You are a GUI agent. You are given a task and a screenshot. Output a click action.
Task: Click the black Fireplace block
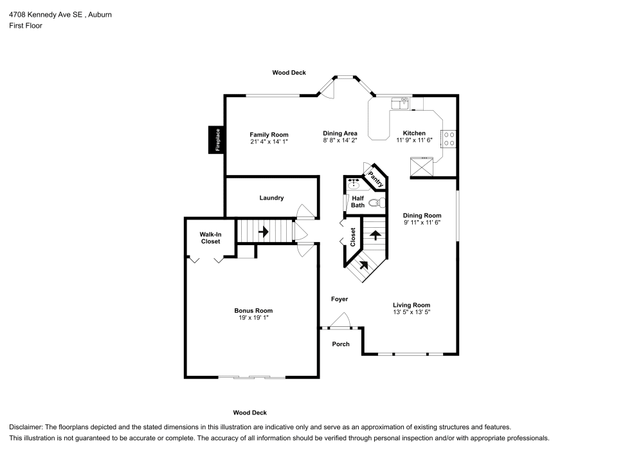tap(216, 140)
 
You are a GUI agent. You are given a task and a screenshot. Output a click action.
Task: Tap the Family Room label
tap(269, 135)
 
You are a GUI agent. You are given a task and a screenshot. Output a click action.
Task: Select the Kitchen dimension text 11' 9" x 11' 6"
tap(414, 140)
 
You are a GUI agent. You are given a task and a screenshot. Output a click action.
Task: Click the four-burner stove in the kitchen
tap(449, 138)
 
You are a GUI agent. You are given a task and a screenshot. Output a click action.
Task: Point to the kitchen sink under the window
tap(400, 104)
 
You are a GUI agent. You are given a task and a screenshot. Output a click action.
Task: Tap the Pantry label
tap(376, 179)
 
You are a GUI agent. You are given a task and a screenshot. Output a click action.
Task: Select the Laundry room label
tap(271, 198)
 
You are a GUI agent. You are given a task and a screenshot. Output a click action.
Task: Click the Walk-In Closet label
tap(210, 238)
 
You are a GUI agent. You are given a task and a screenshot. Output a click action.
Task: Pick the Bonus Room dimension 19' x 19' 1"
tap(253, 317)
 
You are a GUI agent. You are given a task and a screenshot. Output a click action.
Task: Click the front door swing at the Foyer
tap(340, 320)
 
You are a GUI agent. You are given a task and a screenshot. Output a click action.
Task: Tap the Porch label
tap(341, 344)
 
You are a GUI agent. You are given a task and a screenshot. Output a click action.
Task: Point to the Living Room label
tap(412, 305)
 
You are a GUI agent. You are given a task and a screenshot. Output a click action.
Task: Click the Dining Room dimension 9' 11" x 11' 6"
tap(422, 223)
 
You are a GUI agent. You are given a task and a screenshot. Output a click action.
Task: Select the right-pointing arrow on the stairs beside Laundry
tap(263, 232)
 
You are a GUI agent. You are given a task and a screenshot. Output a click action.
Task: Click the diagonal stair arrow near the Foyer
tap(364, 265)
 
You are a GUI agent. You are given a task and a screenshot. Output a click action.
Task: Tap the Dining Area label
tap(340, 133)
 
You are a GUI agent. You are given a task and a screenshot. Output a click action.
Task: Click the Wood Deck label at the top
tap(289, 73)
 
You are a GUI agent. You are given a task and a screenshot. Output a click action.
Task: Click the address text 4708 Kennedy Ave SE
tap(46, 15)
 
